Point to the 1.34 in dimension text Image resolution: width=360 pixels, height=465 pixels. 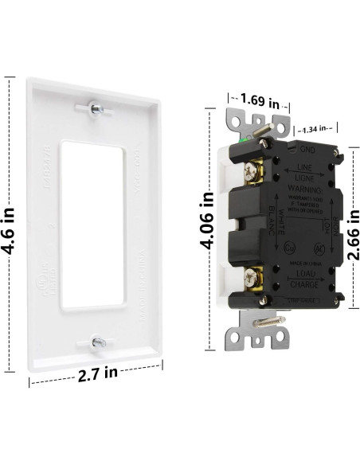pyautogui.click(x=313, y=129)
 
